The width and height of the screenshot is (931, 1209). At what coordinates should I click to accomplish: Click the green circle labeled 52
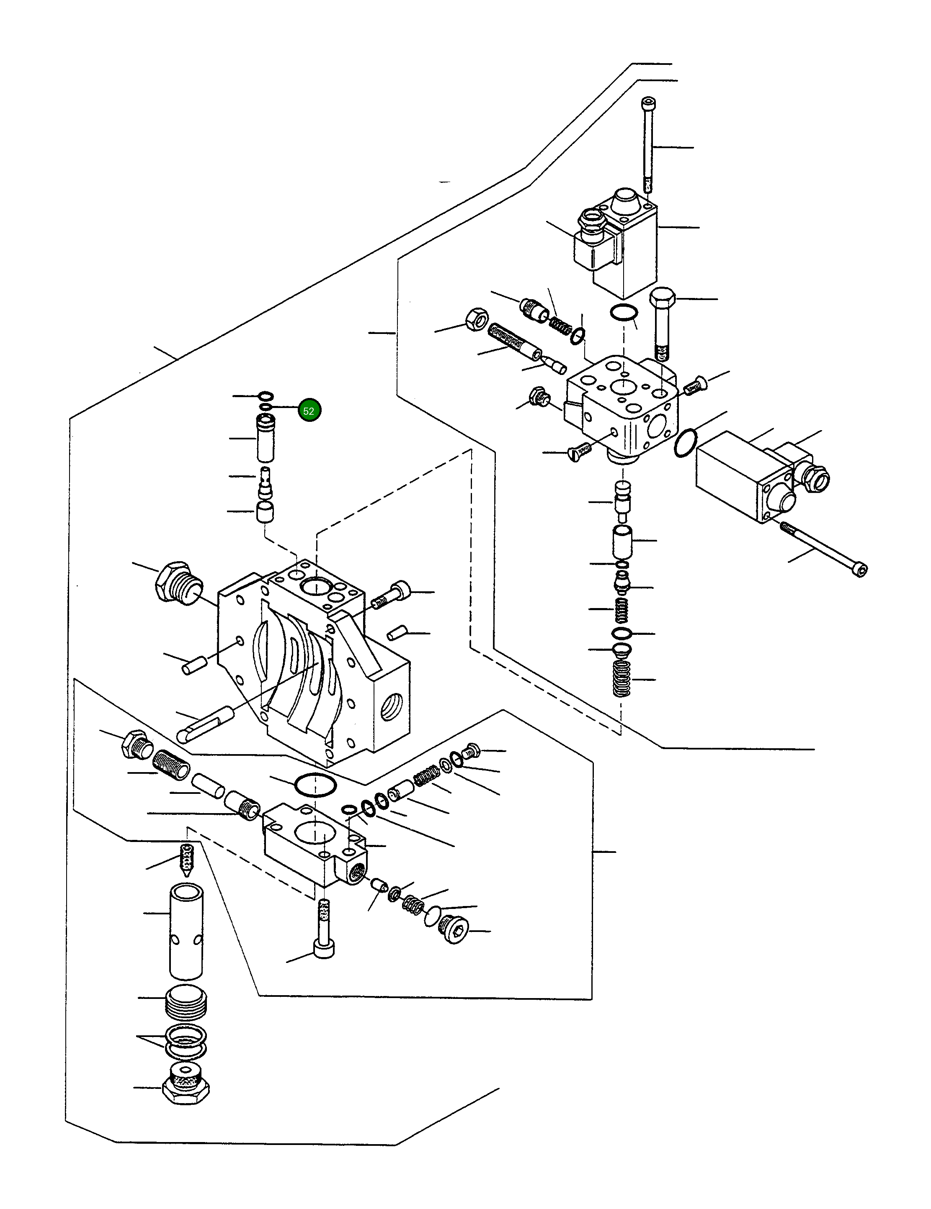pyautogui.click(x=309, y=411)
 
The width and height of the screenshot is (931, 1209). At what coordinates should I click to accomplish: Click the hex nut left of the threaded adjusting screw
pyautogui.click(x=476, y=319)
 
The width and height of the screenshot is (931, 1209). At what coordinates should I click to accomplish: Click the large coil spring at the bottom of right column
pyautogui.click(x=622, y=679)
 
